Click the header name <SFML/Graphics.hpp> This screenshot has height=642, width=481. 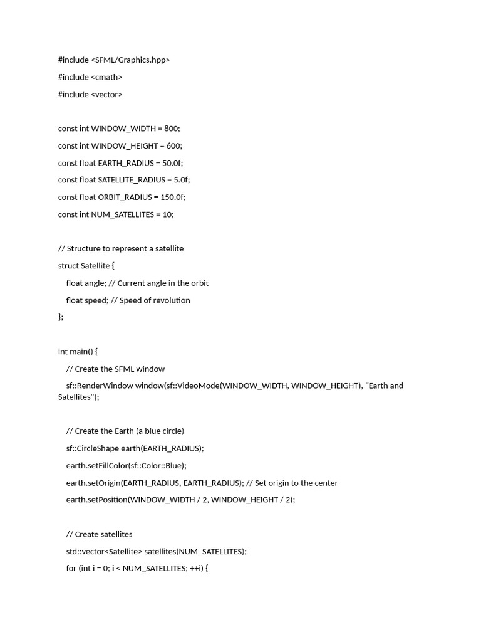coord(130,60)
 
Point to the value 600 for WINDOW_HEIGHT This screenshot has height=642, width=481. coord(173,145)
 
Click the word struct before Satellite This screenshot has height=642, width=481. coord(68,266)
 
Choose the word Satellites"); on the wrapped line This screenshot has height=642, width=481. coord(78,397)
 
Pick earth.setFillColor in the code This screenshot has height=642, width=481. coord(96,465)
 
